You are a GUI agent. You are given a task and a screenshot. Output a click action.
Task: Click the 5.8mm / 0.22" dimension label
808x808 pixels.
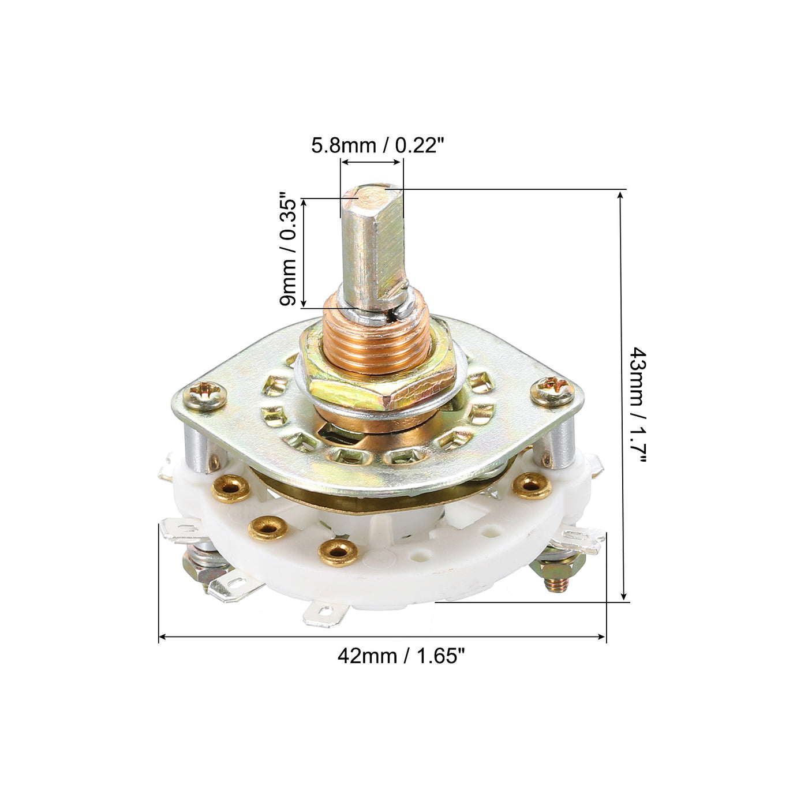pos(377,146)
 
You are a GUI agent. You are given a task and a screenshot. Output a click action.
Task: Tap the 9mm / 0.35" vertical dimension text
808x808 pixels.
pos(288,250)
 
